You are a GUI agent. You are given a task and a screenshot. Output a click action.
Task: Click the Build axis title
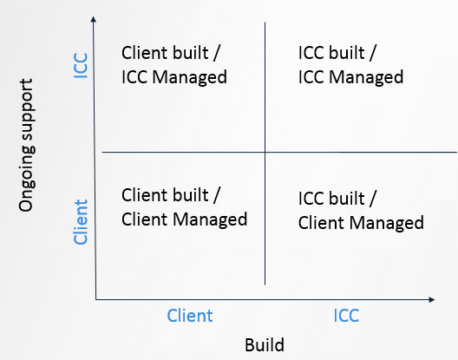265,344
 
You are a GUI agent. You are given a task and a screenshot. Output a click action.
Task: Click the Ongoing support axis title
26,145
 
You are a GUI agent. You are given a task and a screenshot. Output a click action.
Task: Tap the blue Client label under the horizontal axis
190,316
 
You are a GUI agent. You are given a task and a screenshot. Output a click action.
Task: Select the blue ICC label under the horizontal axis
346,316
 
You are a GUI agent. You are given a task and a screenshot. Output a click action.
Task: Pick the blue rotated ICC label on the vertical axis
81,65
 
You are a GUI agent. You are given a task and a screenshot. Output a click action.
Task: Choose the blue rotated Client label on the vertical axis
81,222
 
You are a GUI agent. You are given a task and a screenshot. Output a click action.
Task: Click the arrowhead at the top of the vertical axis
93,19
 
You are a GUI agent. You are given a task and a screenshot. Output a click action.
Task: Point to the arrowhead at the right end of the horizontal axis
431,299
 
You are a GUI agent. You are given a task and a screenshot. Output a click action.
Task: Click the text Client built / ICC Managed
174,65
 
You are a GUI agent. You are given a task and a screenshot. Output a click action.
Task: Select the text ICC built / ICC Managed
350,65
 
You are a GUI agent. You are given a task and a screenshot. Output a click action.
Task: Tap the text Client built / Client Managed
184,207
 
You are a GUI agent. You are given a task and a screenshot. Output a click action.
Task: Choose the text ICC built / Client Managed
361,211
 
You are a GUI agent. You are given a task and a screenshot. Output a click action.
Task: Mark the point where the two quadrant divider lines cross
265,152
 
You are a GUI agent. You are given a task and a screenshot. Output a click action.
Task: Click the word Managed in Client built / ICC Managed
190,77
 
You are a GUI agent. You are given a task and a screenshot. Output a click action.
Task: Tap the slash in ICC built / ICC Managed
373,53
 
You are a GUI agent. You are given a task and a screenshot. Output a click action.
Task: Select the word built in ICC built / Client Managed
346,198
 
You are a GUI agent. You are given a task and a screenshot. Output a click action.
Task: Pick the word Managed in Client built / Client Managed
210,219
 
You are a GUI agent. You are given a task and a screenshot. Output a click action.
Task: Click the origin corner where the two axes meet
95,299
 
